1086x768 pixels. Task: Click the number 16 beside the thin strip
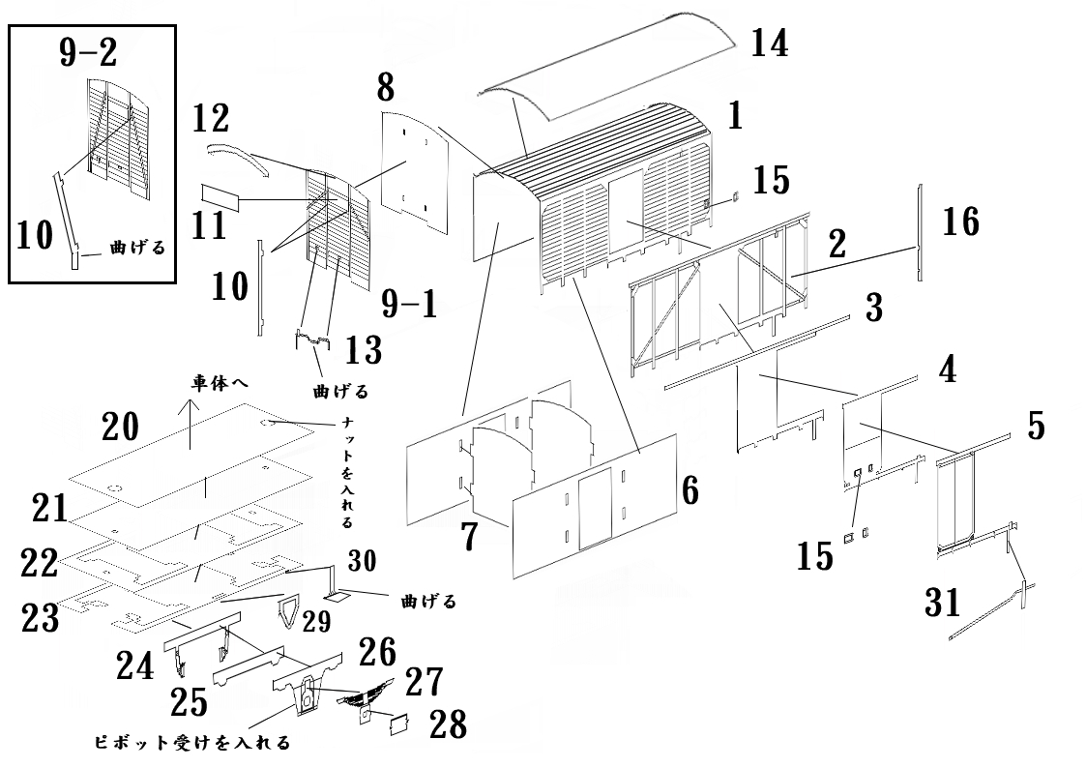coord(960,222)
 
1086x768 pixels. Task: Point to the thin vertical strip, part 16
coord(917,232)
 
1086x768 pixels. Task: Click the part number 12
coord(211,119)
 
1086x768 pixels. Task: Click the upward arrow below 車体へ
coord(190,426)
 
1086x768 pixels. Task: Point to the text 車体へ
coord(218,383)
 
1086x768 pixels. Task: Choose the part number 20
coord(121,427)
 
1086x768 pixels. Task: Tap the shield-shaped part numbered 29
coord(289,612)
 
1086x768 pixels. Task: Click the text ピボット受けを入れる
coord(191,743)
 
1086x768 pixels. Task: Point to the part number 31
coord(942,602)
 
